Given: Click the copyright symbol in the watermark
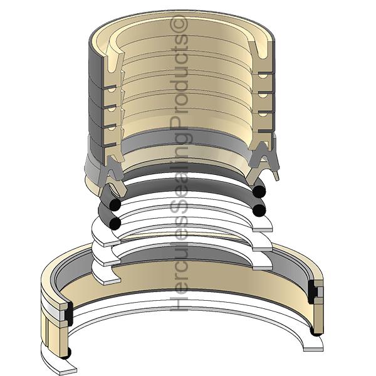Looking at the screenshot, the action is click(179, 24).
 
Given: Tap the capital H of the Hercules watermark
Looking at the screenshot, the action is click(179, 303).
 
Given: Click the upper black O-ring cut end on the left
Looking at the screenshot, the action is click(115, 204).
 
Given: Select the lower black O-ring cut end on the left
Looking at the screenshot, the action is click(115, 224).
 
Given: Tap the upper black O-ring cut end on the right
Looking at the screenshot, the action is click(259, 191).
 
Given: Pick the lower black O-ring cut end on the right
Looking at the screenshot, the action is click(259, 210).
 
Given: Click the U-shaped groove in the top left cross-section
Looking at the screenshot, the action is click(112, 63).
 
